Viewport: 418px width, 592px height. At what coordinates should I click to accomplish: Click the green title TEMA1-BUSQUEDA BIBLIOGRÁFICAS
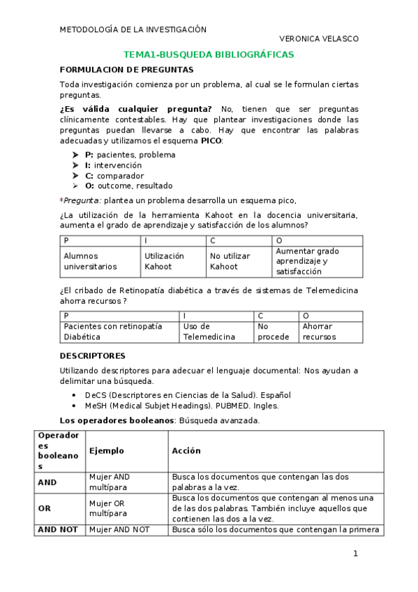[x=208, y=54]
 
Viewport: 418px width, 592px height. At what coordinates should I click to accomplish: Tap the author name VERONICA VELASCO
[x=318, y=40]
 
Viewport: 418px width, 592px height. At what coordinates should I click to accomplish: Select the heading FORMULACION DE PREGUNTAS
[x=126, y=70]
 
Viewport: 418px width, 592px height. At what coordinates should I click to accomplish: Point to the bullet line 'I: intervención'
[x=113, y=165]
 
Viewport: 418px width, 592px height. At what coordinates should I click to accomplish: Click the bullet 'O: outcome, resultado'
[x=128, y=186]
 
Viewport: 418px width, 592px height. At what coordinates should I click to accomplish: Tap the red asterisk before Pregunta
[x=61, y=200]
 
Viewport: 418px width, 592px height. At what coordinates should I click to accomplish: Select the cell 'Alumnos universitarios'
[x=91, y=261]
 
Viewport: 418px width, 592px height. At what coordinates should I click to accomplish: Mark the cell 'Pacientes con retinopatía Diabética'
[x=112, y=332]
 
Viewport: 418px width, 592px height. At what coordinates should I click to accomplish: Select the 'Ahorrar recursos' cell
[x=319, y=332]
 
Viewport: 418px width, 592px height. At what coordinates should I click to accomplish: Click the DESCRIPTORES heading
[x=93, y=355]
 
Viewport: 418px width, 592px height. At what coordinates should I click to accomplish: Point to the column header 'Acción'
[x=186, y=451]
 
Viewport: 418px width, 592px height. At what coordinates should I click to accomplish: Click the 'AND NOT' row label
[x=58, y=530]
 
